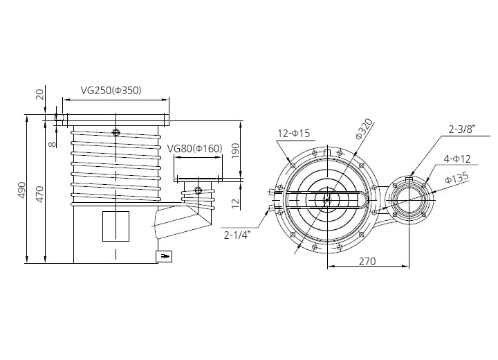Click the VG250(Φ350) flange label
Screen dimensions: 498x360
111,91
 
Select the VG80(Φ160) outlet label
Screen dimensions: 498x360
194,149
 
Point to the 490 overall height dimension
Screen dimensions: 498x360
21,190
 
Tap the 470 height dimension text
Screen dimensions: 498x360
40,194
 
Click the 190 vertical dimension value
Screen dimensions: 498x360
235,152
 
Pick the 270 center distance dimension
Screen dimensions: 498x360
367,262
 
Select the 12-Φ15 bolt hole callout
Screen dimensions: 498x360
293,133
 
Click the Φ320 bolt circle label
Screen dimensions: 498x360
364,129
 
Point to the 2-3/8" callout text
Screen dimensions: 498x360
461,129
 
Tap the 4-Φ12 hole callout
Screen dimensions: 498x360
457,159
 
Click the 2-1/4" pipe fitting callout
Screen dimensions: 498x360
237,235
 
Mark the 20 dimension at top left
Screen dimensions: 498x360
40,94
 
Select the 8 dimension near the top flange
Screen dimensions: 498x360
53,144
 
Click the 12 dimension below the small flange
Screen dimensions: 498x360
235,204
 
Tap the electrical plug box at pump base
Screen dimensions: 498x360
164,256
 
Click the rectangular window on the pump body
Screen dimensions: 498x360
116,226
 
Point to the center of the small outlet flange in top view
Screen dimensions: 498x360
409,200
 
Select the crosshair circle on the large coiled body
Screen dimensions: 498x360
116,133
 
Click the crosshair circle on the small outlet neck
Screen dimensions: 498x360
199,190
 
